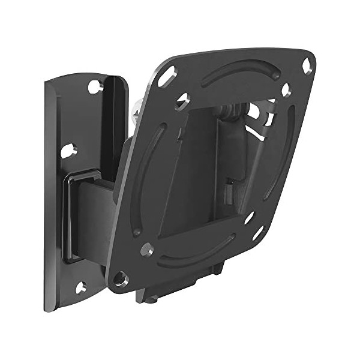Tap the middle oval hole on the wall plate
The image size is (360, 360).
68,149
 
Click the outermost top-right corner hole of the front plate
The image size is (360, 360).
307,65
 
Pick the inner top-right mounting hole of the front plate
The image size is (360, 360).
286,89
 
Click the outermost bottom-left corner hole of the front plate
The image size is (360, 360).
121,278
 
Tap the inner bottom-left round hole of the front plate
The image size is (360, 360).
146,249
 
